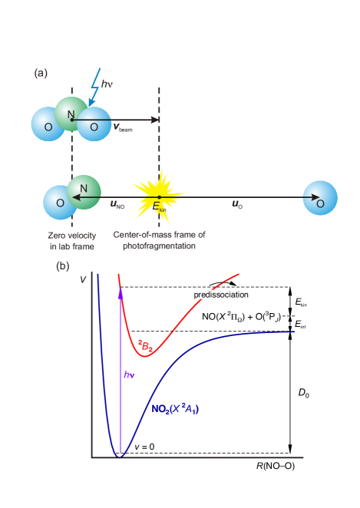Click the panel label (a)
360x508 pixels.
point(41,74)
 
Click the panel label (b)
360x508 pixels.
point(63,266)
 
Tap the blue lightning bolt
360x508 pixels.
point(94,87)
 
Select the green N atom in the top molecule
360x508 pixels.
point(72,114)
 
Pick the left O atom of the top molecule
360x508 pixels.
point(48,124)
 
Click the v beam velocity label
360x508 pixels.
point(124,129)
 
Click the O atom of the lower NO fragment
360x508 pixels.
point(60,203)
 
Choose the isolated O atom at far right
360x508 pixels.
point(319,198)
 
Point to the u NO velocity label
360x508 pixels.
point(117,205)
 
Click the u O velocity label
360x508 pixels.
point(237,205)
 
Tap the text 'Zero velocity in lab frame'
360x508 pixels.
point(71,240)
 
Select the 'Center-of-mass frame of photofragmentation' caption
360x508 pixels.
point(159,240)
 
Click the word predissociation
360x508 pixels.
point(221,294)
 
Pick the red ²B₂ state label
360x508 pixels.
point(145,347)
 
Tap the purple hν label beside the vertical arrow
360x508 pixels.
point(128,375)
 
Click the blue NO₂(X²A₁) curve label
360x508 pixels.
point(175,409)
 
